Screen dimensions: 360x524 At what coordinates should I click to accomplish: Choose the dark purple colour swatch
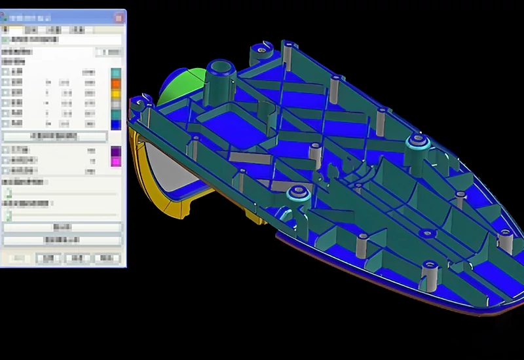coord(115,151)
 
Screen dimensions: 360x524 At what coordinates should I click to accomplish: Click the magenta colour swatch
coord(115,161)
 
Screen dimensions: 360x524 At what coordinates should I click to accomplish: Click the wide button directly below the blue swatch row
coord(54,136)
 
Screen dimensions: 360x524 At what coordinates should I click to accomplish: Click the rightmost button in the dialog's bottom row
coord(106,259)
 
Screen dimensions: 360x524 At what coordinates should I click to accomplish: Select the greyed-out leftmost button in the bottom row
coord(16,259)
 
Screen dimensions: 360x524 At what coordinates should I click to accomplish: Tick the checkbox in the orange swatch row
coord(6,82)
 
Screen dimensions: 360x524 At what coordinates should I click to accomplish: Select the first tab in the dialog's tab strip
coord(7,29)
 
